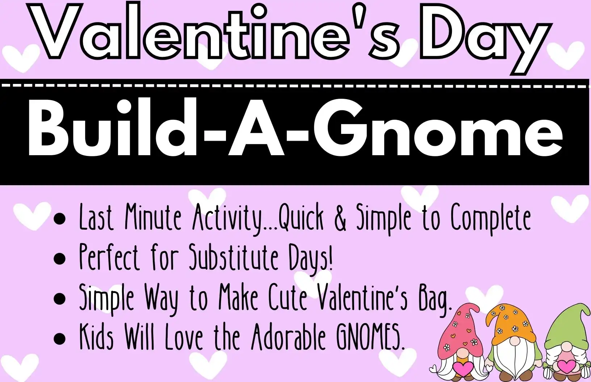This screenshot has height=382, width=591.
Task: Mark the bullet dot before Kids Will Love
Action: click(60, 338)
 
